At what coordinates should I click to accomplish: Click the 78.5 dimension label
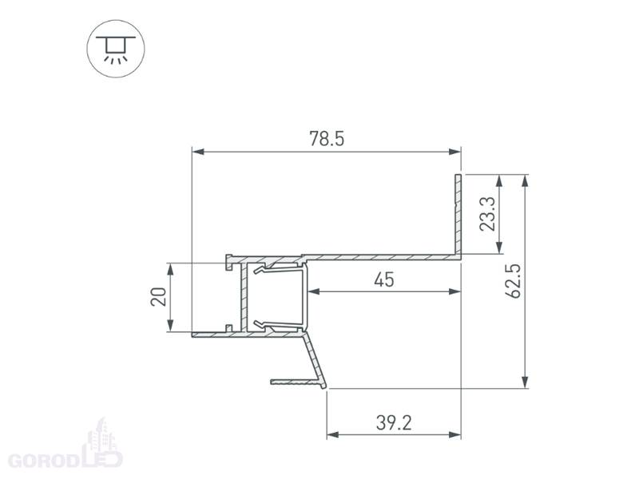(327, 138)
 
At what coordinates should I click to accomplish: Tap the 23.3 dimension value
(487, 214)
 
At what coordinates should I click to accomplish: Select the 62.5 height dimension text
(513, 281)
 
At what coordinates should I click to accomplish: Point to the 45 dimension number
(384, 280)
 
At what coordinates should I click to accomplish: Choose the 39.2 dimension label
(394, 423)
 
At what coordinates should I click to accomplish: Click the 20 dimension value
(158, 296)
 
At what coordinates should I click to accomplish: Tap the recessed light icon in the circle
(116, 49)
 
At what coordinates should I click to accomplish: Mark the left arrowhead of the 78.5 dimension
(197, 152)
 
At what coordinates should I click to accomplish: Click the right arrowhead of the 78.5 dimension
(454, 152)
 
